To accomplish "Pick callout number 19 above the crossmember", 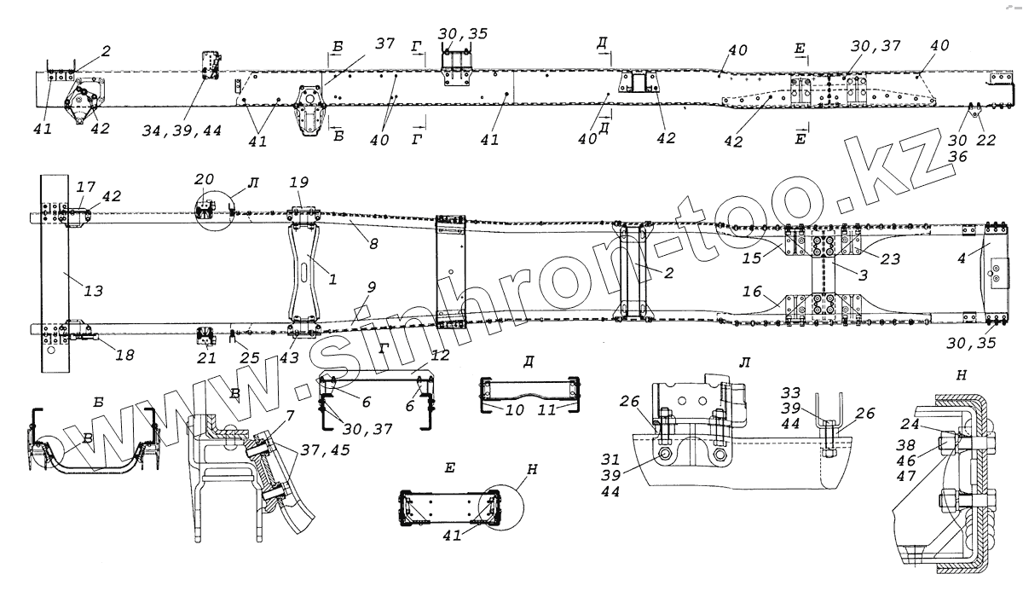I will [298, 184].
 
